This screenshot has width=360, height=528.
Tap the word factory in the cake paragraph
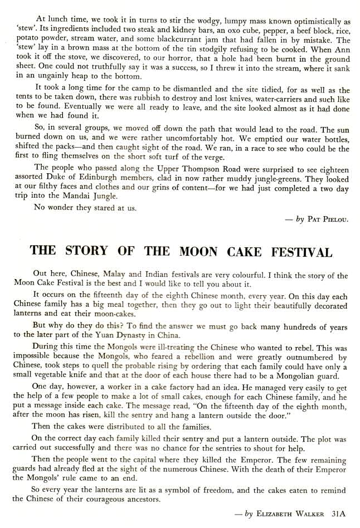click(168, 387)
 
